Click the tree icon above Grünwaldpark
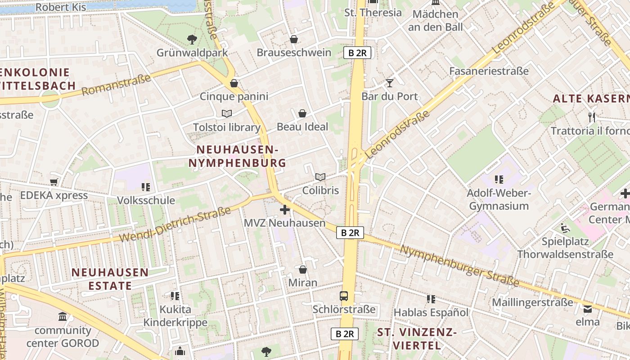coord(192,40)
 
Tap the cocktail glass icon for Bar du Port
coord(390,83)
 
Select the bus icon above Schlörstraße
coord(344,296)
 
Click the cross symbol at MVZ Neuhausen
coord(284,210)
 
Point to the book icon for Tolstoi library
coord(227,114)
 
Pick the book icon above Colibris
coord(320,177)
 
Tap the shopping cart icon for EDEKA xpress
coord(54,182)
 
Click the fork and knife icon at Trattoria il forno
coord(592,117)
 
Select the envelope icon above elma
coord(588,309)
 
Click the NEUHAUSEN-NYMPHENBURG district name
coord(237,156)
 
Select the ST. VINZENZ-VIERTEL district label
coord(417,339)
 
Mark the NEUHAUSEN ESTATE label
coord(110,279)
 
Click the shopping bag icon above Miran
coord(303,270)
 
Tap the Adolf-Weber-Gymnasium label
coord(499,200)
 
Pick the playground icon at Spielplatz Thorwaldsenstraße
coord(565,228)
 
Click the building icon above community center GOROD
coord(63,317)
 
